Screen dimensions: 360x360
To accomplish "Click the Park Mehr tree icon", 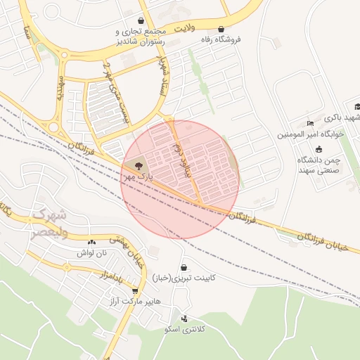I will pos(136,165).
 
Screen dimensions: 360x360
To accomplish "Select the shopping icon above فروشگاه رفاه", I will pos(222,29).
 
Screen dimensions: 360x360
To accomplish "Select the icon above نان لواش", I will pos(91,242).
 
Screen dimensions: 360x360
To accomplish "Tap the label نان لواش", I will pos(91,252).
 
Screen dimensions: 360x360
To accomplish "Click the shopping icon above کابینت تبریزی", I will pos(184,268).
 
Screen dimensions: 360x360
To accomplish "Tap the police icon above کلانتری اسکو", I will pos(184,319).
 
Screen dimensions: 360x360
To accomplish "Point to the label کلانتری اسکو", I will pos(184,329).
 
